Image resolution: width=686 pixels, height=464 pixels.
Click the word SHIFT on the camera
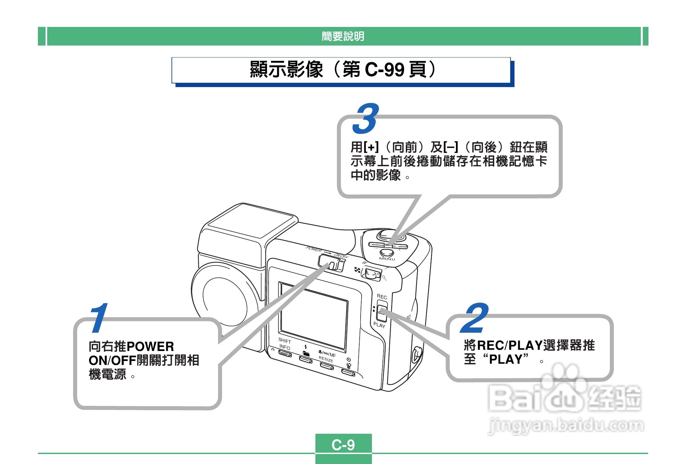[x=285, y=341]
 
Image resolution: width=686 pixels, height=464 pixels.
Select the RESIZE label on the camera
[x=326, y=359]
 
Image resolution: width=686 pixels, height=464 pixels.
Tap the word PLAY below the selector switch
[x=379, y=325]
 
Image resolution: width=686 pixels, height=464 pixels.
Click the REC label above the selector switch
[x=382, y=296]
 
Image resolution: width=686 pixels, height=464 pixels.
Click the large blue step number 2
[x=474, y=318]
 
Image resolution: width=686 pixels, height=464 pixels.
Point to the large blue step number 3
[x=366, y=119]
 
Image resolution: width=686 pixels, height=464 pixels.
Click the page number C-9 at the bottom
[x=343, y=445]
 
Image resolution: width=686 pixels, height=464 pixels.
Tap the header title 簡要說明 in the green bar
[x=343, y=36]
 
